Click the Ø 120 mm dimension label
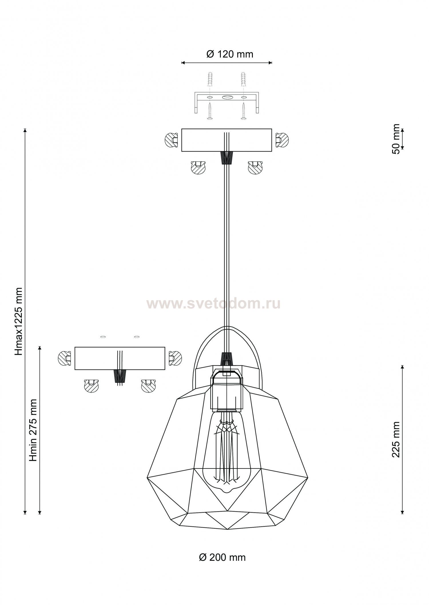coord(230,54)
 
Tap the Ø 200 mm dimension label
coord(222,558)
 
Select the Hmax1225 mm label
coord(19,322)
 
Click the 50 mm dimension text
coord(396,139)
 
